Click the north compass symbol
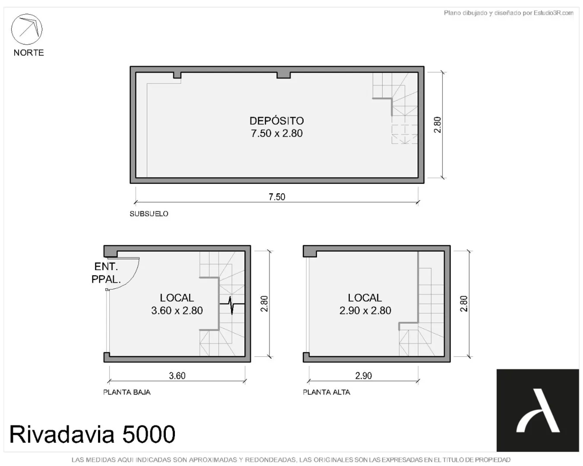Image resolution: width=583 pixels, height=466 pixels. (27, 29)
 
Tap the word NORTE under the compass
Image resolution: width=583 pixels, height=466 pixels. (29, 53)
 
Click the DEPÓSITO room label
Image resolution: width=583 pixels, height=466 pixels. (277, 121)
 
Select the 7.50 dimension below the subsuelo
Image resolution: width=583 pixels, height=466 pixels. (277, 197)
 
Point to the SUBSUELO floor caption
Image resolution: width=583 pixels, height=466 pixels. (149, 214)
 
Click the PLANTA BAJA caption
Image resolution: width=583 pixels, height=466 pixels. (127, 392)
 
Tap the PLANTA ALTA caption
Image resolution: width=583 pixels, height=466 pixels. (327, 392)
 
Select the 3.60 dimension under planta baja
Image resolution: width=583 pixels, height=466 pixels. (177, 376)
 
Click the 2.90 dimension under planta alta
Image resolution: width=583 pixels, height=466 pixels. (363, 376)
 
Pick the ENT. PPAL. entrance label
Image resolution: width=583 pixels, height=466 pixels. (106, 273)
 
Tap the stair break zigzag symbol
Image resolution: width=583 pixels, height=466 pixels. (232, 304)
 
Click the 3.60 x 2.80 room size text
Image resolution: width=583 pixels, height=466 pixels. (177, 311)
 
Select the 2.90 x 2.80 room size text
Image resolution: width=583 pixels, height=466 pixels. (365, 311)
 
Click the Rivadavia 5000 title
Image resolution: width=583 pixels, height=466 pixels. (93, 434)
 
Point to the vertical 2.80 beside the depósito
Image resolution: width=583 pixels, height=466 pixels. (437, 125)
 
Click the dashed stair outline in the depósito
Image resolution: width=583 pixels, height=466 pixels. (404, 134)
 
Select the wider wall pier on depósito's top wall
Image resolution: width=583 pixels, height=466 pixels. (284, 75)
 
